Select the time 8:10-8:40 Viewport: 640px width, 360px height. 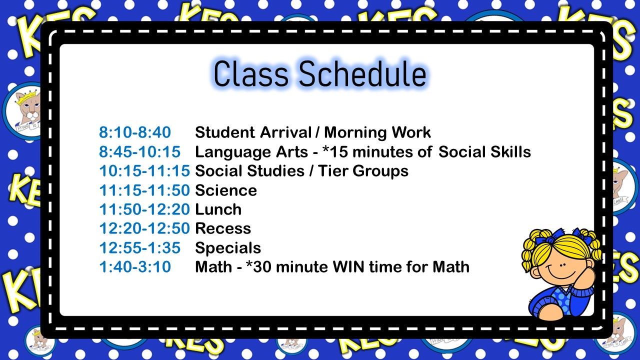pos(135,132)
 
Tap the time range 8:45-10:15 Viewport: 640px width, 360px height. pos(139,151)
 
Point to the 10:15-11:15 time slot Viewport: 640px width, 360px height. pos(144,171)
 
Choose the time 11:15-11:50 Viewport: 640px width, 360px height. pos(144,190)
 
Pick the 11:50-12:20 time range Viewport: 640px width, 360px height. pos(144,209)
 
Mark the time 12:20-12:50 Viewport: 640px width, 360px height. pos(144,228)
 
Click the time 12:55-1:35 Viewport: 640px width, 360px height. pos(139,247)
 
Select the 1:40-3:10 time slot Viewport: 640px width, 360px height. pos(135,266)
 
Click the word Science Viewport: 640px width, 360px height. pos(226,190)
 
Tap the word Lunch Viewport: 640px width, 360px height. pos(218,209)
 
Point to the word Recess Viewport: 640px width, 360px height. pos(223,228)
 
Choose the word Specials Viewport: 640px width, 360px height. pos(228,248)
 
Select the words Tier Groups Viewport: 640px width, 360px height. pos(363,171)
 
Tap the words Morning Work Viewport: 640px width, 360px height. pos(377,132)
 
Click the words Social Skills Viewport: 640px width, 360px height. pos(485,151)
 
